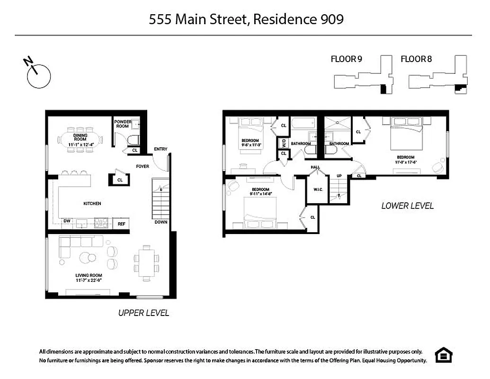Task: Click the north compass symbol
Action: [38, 76]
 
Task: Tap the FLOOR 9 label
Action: [346, 59]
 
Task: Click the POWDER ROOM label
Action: [123, 124]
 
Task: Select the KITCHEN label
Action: [92, 204]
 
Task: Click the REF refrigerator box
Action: [122, 224]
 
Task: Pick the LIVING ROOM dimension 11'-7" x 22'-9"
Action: [89, 280]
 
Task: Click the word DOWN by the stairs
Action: [161, 222]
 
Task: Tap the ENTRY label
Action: [160, 150]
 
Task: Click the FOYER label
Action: [143, 166]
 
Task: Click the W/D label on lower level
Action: [284, 142]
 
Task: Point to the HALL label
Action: [315, 167]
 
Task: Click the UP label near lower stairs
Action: [339, 176]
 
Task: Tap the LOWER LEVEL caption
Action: [408, 206]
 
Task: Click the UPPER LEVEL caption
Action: [143, 313]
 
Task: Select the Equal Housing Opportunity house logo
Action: [444, 355]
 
